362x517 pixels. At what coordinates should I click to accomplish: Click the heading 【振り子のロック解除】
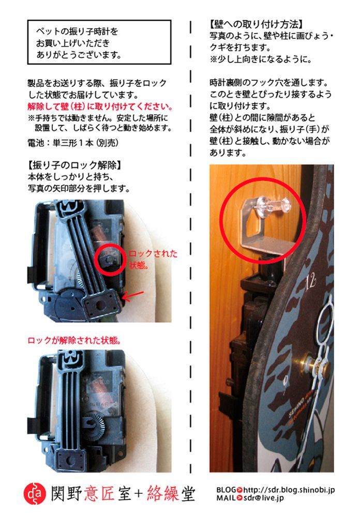[x=74, y=166]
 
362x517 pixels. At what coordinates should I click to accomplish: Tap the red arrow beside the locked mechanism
[x=133, y=296]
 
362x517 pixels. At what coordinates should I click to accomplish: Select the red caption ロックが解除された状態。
[x=74, y=341]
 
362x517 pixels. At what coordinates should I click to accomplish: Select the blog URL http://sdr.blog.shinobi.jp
[x=289, y=489]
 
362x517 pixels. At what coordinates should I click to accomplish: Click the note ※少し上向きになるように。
[x=260, y=59]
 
